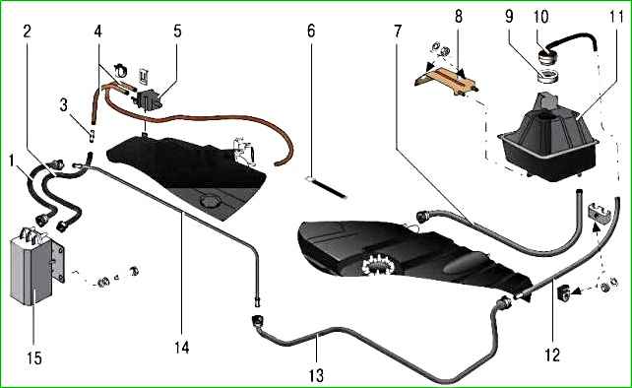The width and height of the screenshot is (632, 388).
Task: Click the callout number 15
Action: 34,357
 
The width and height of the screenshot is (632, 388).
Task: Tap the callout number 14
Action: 182,347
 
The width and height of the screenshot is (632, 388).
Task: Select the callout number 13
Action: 316,375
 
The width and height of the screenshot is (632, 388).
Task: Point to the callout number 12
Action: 552,355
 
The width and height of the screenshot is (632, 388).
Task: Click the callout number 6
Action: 311,31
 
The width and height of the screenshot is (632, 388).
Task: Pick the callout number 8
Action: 459,17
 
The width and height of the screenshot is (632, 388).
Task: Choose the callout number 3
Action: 63,104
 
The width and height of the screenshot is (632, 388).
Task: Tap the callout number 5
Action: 178,31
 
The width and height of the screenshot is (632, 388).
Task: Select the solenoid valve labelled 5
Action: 149,98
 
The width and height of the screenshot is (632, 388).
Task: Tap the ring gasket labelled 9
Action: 547,76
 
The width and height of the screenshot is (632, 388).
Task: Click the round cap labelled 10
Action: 548,56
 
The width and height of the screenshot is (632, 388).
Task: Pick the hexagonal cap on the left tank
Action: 210,201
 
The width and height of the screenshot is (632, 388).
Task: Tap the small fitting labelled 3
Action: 92,135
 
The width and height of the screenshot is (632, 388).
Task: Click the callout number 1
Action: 11,161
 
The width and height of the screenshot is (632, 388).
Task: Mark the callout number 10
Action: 540,17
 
